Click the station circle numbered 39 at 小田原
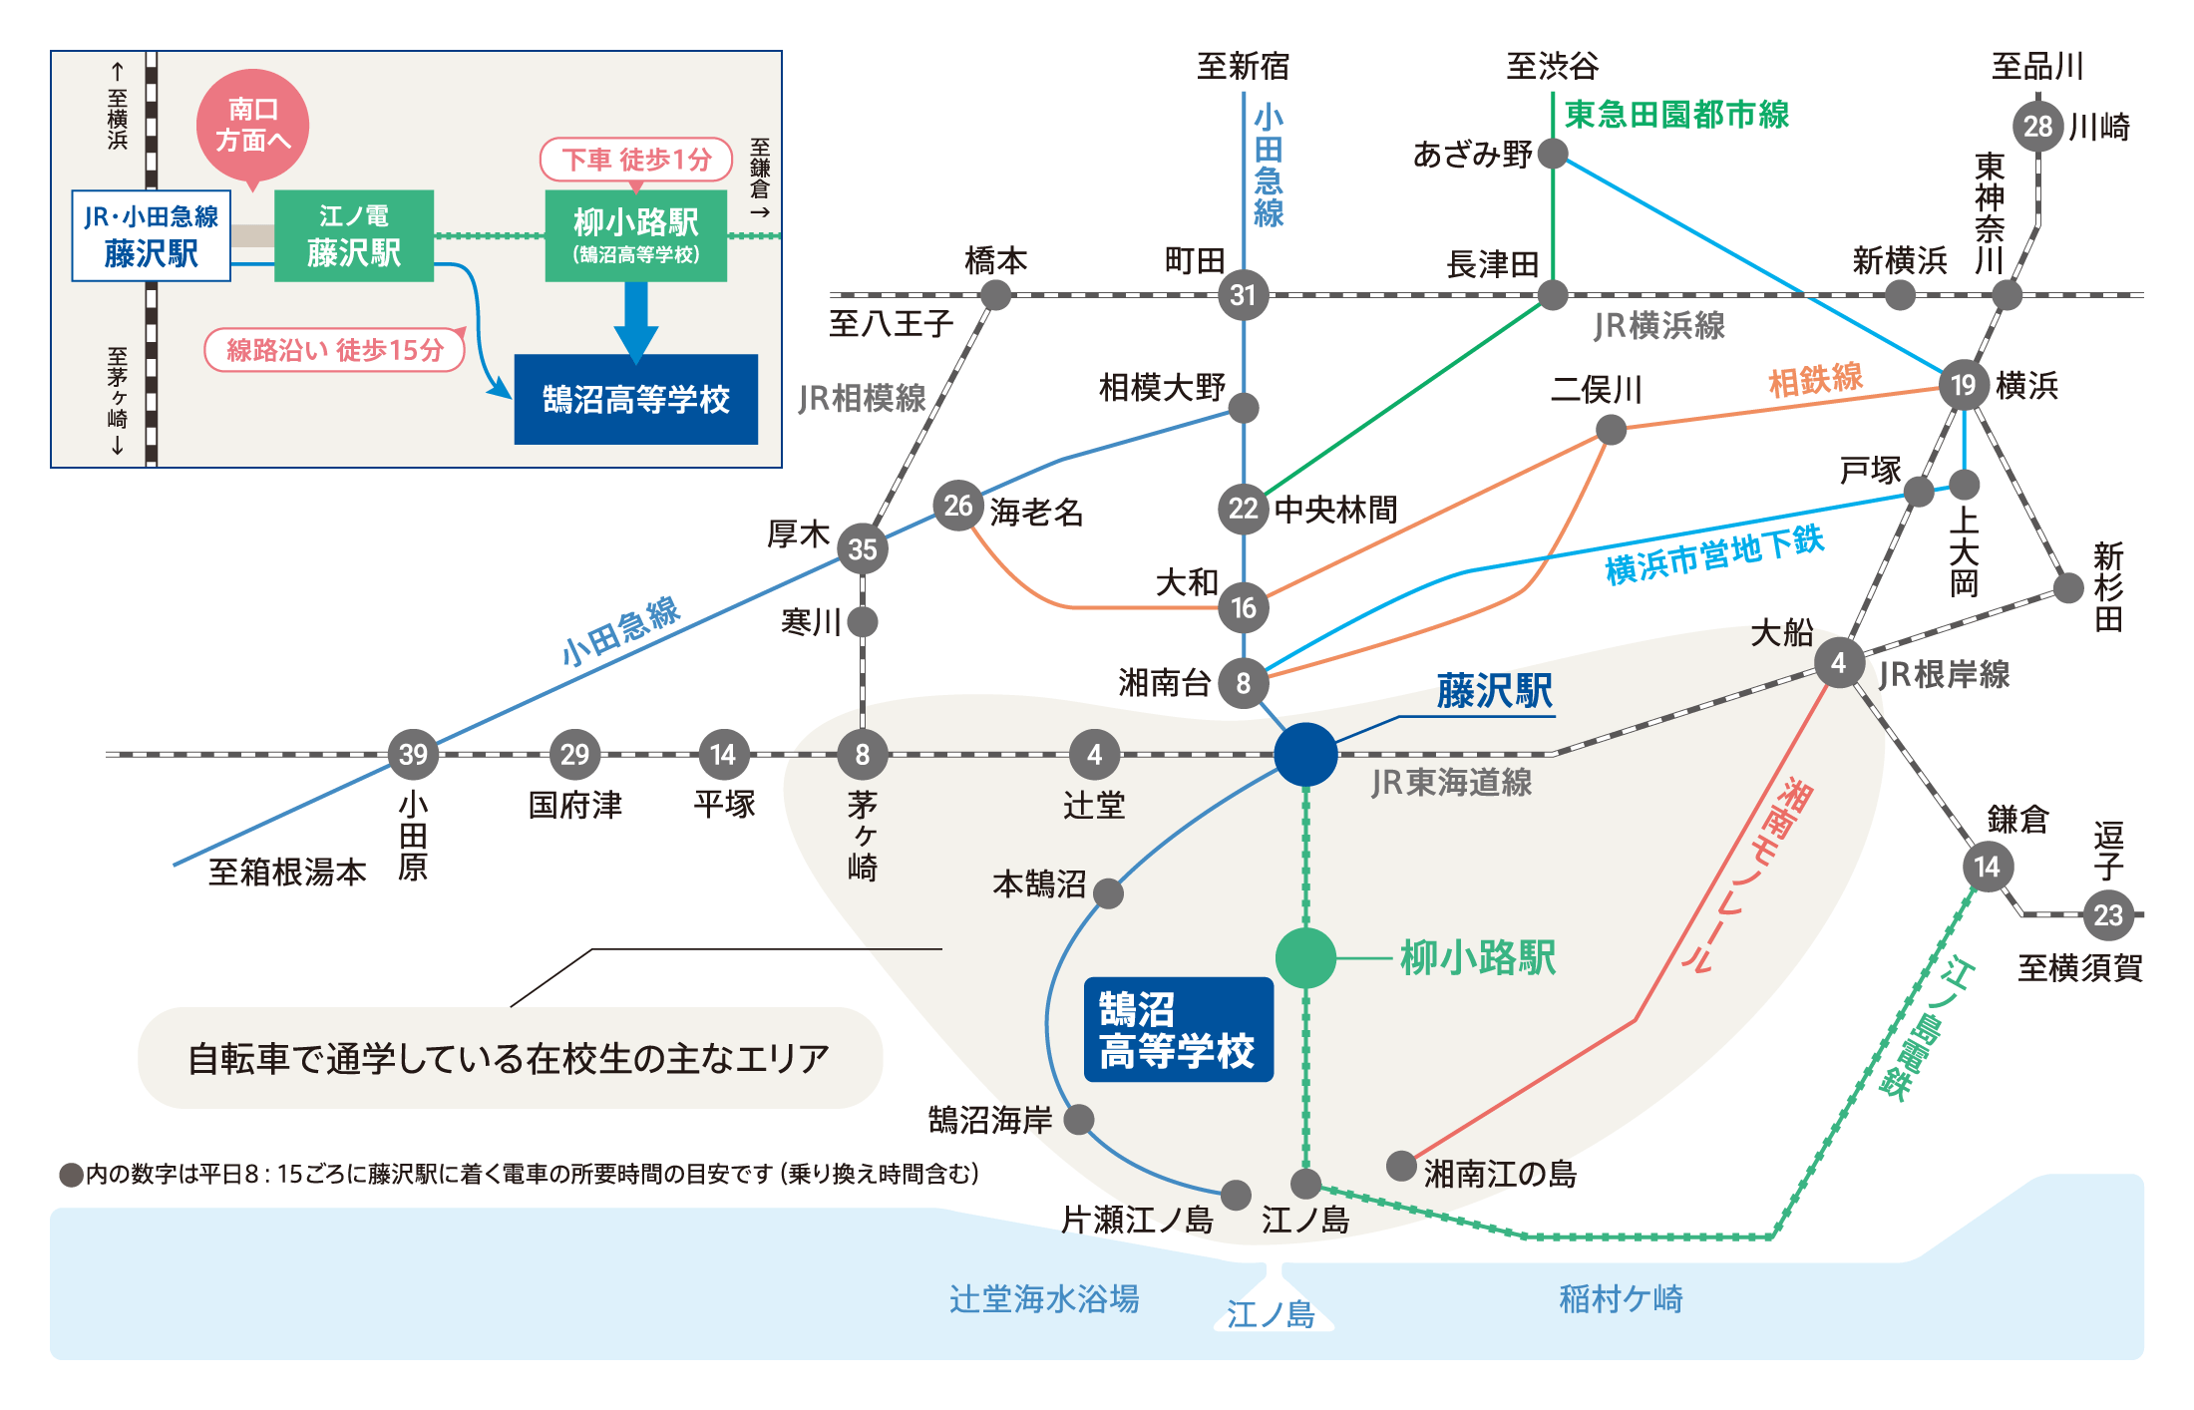coord(413,754)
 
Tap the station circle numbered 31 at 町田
coord(1243,295)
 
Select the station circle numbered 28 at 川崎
coord(2037,126)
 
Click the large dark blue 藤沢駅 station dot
coord(1305,754)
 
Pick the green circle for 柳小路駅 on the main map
coord(1305,957)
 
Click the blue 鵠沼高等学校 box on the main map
coord(1178,1029)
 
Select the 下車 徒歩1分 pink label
coord(636,160)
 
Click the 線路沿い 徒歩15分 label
coord(335,350)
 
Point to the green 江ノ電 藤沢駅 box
coord(354,236)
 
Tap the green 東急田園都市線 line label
coord(1676,115)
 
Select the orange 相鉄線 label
coord(1815,380)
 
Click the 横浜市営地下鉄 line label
coord(1714,554)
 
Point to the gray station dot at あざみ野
coord(1553,154)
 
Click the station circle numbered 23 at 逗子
coord(2108,914)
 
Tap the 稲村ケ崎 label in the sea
coord(1621,1298)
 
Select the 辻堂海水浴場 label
coord(1044,1298)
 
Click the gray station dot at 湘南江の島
coord(1401,1165)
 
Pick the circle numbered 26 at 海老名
coord(957,506)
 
